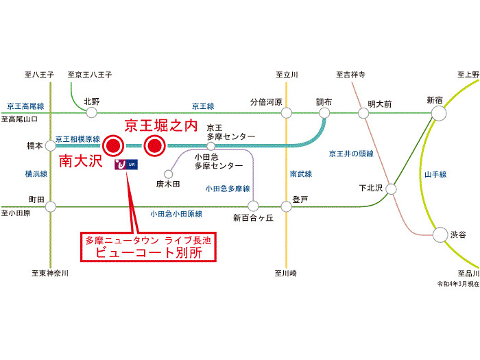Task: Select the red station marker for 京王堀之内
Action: [x=154, y=145]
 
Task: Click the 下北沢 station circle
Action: [x=392, y=188]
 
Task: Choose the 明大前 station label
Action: [x=379, y=104]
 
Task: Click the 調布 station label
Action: [x=324, y=101]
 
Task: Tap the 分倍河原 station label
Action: [x=266, y=101]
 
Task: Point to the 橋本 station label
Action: [x=34, y=146]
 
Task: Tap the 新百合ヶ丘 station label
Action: [x=252, y=218]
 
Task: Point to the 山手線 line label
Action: [x=435, y=175]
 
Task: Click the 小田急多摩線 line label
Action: [x=228, y=188]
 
